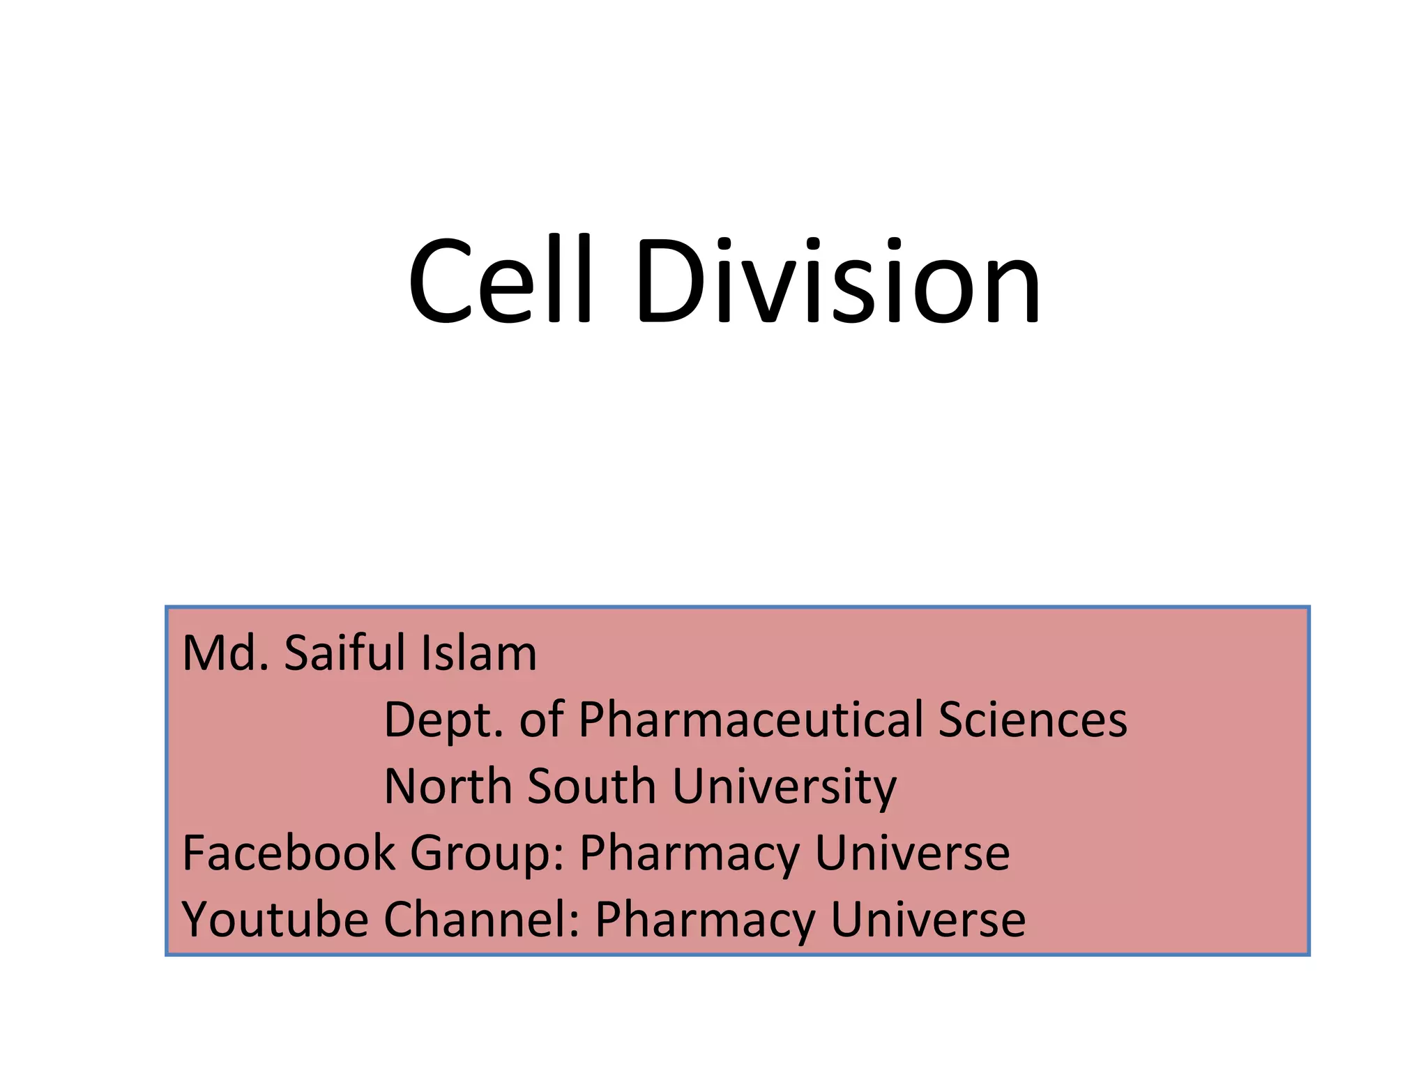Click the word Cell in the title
(x=500, y=281)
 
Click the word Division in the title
(x=837, y=281)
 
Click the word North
(x=448, y=787)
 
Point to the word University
(x=784, y=787)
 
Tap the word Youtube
(x=275, y=920)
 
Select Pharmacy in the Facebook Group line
(x=690, y=854)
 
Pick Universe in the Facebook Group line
(x=912, y=853)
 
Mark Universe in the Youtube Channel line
(x=928, y=920)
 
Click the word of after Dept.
(x=541, y=720)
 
